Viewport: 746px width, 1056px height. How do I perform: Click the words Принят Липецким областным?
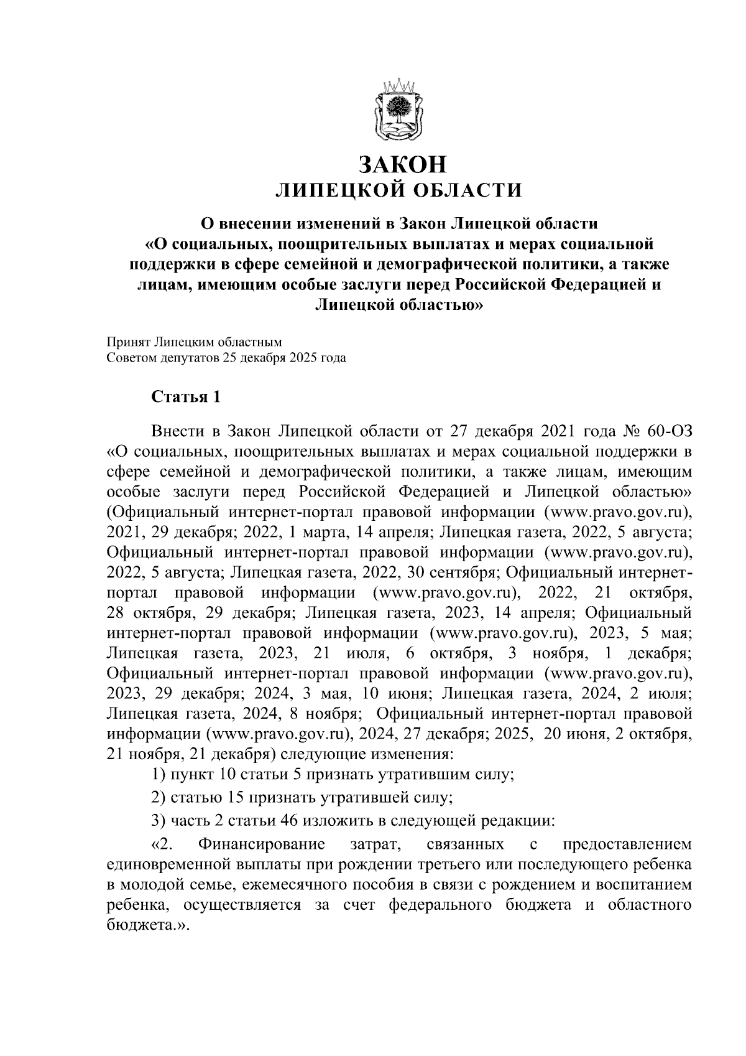pyautogui.click(x=195, y=342)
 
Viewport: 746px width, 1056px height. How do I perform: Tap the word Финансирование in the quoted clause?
pyautogui.click(x=261, y=845)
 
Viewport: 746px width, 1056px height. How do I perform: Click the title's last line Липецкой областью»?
pyautogui.click(x=398, y=305)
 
